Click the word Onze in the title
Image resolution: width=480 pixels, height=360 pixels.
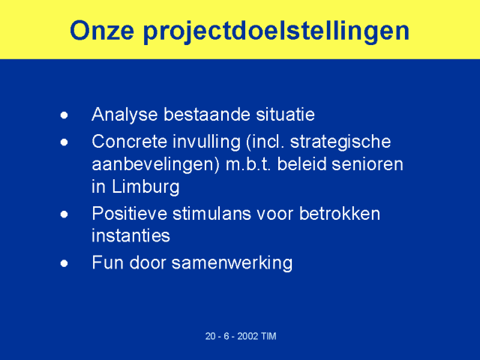pos(102,31)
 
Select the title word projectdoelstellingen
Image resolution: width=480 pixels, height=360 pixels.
pos(276,32)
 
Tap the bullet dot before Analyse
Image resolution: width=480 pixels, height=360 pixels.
pos(64,115)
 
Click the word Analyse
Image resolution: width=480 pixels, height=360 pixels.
pos(124,115)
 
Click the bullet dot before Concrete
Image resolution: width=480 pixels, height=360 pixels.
pos(64,142)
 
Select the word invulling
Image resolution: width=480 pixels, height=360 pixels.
pos(207,142)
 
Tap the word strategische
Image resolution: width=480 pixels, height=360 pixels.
pos(340,142)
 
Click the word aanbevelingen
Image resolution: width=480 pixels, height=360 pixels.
pos(153,165)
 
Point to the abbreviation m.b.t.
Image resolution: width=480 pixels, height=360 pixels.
pos(248,164)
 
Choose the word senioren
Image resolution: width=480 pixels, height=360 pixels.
pos(367,164)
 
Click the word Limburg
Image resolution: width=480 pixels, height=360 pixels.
pos(145,187)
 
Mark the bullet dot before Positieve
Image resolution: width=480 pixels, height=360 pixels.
pos(64,214)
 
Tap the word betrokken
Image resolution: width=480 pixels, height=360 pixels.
pos(340,213)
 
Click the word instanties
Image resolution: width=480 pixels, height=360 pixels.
pos(130,236)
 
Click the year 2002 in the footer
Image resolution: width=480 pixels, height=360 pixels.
pos(247,336)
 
